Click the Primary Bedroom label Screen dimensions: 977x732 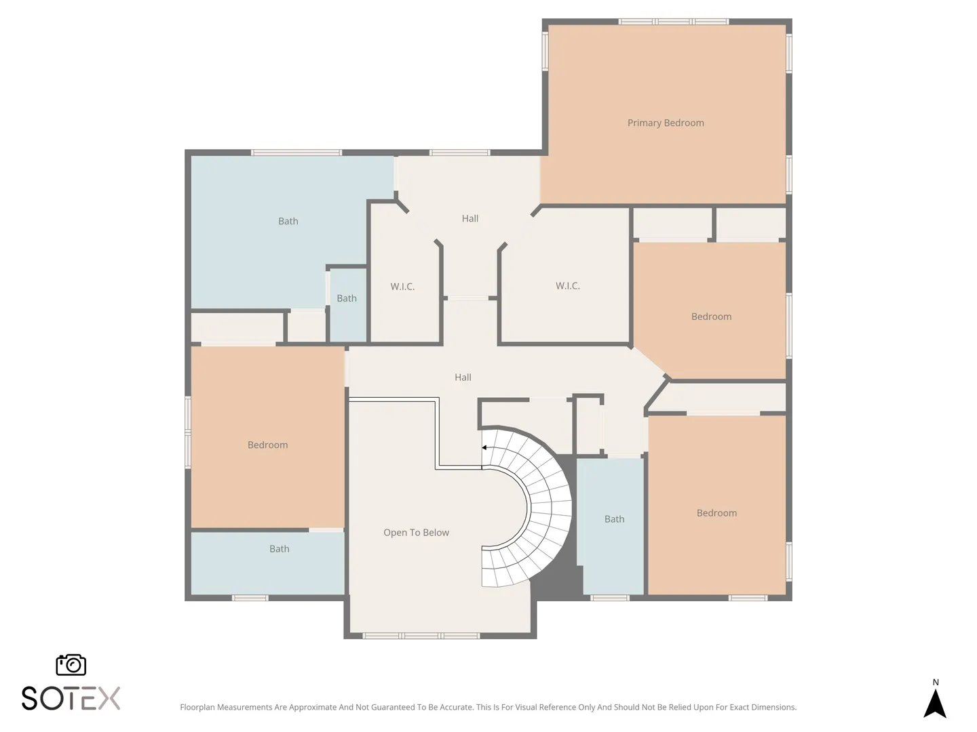pyautogui.click(x=666, y=123)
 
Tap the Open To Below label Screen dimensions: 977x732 pyautogui.click(x=416, y=533)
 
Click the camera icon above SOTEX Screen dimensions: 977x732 pyautogui.click(x=71, y=665)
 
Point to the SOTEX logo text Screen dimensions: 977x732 pyautogui.click(x=71, y=698)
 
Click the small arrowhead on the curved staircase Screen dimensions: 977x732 pyautogui.click(x=484, y=447)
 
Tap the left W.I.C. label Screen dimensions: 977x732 pyautogui.click(x=402, y=287)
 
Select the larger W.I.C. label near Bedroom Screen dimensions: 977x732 pyautogui.click(x=567, y=286)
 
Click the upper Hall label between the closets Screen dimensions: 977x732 pyautogui.click(x=470, y=218)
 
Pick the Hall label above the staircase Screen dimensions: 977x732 pyautogui.click(x=463, y=378)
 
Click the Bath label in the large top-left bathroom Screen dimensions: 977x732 pyautogui.click(x=288, y=221)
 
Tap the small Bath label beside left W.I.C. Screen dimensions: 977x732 pyautogui.click(x=347, y=298)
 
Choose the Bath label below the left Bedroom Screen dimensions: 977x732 pyautogui.click(x=279, y=549)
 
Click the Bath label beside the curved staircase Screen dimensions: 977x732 pyautogui.click(x=614, y=519)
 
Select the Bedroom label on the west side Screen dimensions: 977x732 pyautogui.click(x=267, y=445)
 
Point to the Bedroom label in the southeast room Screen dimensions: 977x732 pyautogui.click(x=716, y=513)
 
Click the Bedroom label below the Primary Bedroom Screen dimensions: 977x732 pyautogui.click(x=711, y=317)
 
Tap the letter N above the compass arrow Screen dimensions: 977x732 pyautogui.click(x=936, y=683)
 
